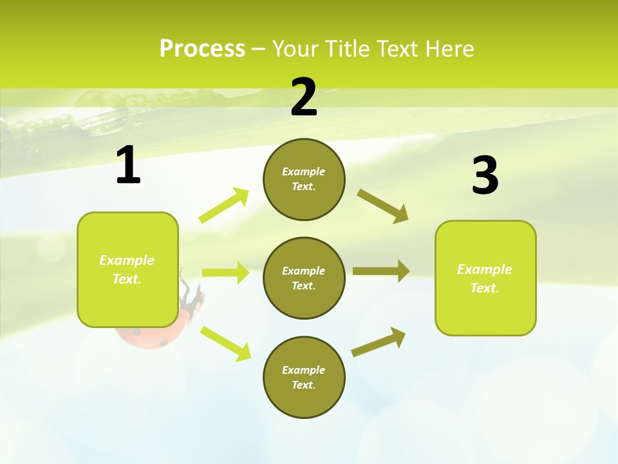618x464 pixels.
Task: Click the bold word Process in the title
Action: (x=202, y=49)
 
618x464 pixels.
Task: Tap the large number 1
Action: (x=128, y=166)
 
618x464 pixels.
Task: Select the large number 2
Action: (x=304, y=98)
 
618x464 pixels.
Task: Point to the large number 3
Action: (x=485, y=176)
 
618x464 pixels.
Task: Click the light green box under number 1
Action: (x=127, y=269)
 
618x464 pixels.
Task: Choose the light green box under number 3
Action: (x=485, y=278)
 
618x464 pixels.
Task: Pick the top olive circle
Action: (x=304, y=179)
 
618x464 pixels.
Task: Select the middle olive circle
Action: (x=304, y=278)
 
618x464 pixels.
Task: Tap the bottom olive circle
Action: (x=304, y=377)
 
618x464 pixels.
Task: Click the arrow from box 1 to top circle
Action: (x=223, y=206)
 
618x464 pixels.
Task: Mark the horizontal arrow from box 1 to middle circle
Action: (x=225, y=273)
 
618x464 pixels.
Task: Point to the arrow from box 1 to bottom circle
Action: (x=225, y=343)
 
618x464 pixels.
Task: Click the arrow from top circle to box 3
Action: (x=382, y=206)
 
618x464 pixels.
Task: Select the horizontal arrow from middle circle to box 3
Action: (x=380, y=271)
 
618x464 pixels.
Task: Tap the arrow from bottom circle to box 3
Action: (x=379, y=342)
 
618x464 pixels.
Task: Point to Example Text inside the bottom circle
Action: (x=304, y=377)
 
